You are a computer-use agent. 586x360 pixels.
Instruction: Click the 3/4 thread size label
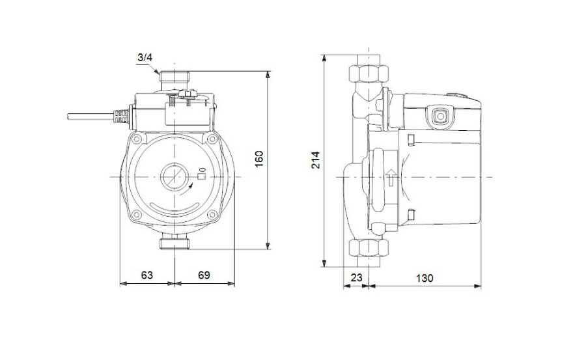[x=145, y=57]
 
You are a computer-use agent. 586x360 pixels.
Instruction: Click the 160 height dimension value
[x=258, y=159]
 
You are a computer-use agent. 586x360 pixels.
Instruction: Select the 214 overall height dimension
[x=316, y=160]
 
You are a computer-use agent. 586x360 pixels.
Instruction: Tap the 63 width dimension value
[x=147, y=275]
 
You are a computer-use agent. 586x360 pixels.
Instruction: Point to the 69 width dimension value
[x=204, y=275]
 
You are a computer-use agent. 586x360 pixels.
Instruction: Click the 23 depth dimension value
[x=357, y=278]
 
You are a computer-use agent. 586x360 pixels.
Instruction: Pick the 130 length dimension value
[x=425, y=278]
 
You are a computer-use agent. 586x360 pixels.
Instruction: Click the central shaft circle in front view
[x=173, y=176]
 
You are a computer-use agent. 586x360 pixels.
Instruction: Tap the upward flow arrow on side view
[x=391, y=177]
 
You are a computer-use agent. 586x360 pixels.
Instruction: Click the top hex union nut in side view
[x=369, y=74]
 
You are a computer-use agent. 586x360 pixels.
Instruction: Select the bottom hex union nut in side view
[x=369, y=248]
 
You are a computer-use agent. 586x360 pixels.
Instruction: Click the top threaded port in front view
[x=174, y=77]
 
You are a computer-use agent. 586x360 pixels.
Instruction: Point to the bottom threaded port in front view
[x=174, y=243]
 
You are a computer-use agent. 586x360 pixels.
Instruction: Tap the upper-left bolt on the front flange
[x=136, y=139]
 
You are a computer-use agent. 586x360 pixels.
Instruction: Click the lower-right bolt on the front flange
[x=212, y=215]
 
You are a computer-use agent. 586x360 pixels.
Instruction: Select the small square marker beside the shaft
[x=201, y=176]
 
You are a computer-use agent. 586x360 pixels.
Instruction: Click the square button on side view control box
[x=440, y=117]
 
